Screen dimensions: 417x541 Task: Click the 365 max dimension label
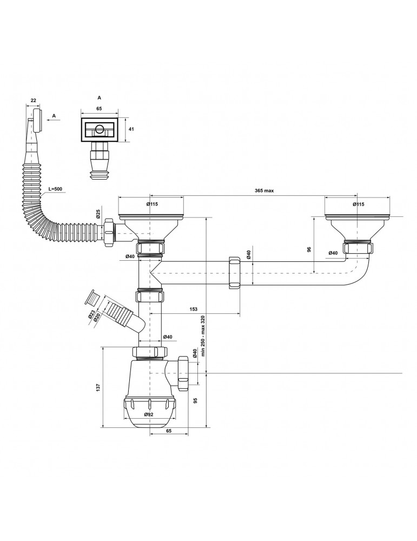click(264, 190)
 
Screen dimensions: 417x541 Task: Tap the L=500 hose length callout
click(55, 189)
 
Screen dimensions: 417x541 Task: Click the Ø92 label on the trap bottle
click(149, 414)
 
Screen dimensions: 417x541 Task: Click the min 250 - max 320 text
click(203, 336)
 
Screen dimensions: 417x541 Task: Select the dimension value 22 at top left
click(33, 100)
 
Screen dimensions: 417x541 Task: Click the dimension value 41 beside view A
click(131, 129)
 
